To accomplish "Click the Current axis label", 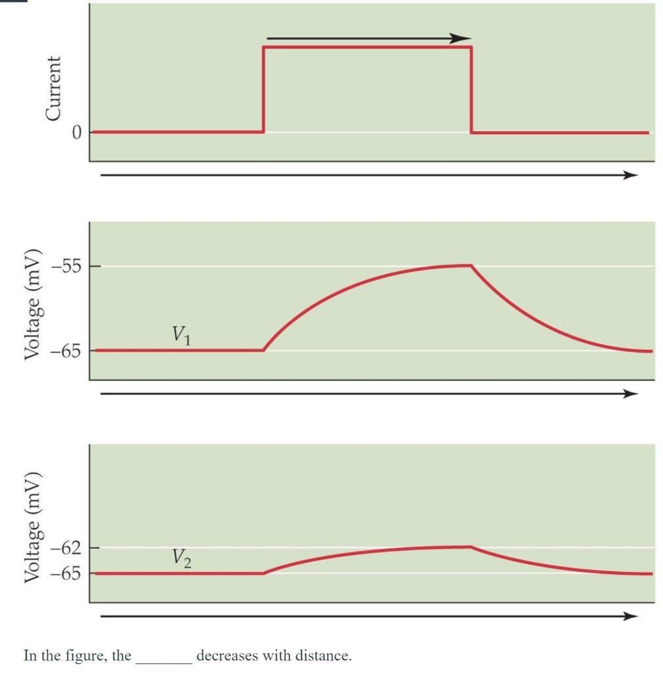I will pyautogui.click(x=53, y=88).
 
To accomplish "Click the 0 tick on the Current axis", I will pyautogui.click(x=76, y=132).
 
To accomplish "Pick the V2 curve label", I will pyautogui.click(x=182, y=558).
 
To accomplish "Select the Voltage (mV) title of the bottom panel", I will pyautogui.click(x=31, y=529).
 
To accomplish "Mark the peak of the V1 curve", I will pyautogui.click(x=470, y=265).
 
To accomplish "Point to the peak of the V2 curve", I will pyautogui.click(x=470, y=546).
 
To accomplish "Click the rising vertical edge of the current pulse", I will pyautogui.click(x=263, y=90).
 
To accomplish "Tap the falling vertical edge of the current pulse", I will pyautogui.click(x=471, y=90).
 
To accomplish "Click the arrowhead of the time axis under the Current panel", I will pyautogui.click(x=631, y=175).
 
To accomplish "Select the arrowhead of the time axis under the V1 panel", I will pyautogui.click(x=631, y=394).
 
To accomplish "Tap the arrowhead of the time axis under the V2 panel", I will pyautogui.click(x=631, y=616).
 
